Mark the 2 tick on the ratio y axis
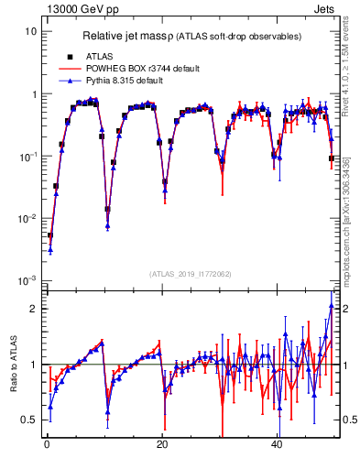[33, 309]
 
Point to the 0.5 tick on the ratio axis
[28, 420]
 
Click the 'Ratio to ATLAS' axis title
[12, 364]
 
